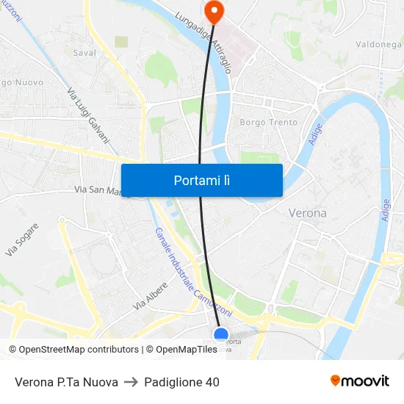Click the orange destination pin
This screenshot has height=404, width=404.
(214, 10)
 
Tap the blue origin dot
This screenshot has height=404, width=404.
(221, 335)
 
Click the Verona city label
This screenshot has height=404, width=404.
(307, 213)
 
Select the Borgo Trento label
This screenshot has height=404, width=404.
(269, 123)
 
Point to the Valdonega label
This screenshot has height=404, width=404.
(378, 44)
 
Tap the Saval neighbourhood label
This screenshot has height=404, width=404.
(84, 53)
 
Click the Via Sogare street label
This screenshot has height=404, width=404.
(22, 239)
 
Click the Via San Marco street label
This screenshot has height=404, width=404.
(100, 190)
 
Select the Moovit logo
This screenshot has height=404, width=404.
(360, 381)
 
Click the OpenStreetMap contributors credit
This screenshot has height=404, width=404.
(73, 350)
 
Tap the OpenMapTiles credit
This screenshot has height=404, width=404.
(181, 350)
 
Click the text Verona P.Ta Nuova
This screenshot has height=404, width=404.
(66, 382)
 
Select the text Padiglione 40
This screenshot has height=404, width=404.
(181, 382)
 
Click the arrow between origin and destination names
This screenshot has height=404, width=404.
(131, 382)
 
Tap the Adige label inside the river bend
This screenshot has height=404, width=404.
(316, 134)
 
